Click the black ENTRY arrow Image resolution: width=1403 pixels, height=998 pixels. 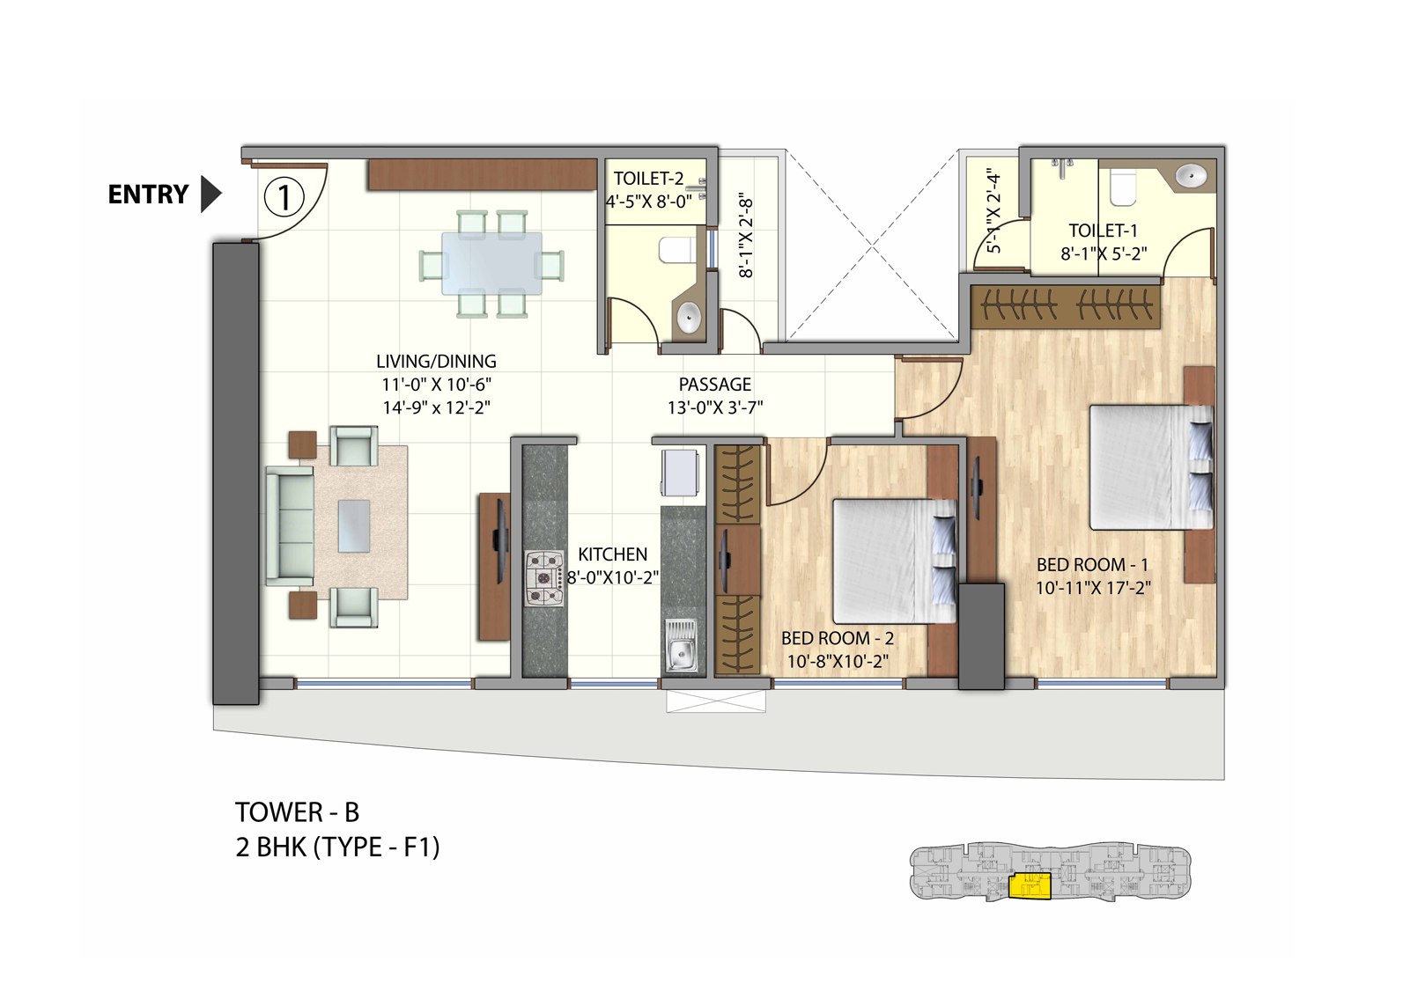pos(210,194)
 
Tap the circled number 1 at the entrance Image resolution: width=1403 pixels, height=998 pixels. pos(284,197)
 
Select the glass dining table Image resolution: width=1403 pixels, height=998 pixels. pos(491,262)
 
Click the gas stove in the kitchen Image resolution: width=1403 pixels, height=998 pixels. pos(544,578)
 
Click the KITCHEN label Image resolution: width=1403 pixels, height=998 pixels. pos(612,554)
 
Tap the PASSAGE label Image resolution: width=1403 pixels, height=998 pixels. pos(714,385)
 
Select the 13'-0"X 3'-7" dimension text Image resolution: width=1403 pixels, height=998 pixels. pos(714,407)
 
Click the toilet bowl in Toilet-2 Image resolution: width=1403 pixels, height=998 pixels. pos(676,251)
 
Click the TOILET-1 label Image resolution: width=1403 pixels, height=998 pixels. pos(1103,231)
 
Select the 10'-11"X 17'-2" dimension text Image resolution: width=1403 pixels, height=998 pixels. pos(1092,588)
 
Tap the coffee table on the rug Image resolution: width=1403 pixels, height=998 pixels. pos(353,525)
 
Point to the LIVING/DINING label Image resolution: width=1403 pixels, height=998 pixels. pos(436,361)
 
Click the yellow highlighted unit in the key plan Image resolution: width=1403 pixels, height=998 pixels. pos(1029,885)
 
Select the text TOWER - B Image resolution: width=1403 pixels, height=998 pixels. pos(297,811)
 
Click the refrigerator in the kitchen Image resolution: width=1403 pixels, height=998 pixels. pos(680,473)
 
